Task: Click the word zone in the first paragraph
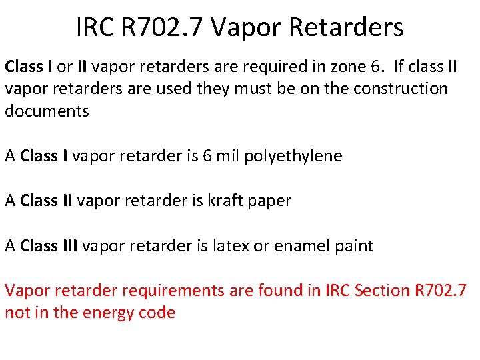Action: pyautogui.click(x=338, y=67)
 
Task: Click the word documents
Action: pyautogui.click(x=47, y=111)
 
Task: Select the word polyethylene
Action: pyautogui.click(x=293, y=156)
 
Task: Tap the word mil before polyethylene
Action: pyautogui.click(x=227, y=156)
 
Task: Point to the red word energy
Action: pyautogui.click(x=107, y=313)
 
